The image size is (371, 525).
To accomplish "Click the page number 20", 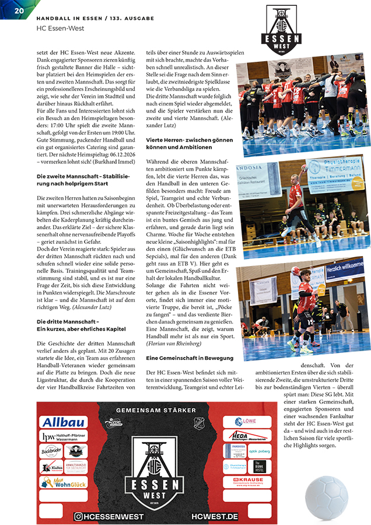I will point(19,10).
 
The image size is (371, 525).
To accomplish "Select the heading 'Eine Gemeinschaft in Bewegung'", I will point(181,357).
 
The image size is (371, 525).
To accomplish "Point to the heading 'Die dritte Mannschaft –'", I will point(68,321).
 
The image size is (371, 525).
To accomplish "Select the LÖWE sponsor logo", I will point(247,421).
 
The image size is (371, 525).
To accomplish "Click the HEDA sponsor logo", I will point(247,436).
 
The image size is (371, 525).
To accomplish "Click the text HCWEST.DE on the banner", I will point(214,516).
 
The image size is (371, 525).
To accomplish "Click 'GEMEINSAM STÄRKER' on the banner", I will point(156,411).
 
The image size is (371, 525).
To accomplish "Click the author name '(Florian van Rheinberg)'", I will point(172,344).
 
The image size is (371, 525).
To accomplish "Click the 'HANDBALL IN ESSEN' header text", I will point(64,17).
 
